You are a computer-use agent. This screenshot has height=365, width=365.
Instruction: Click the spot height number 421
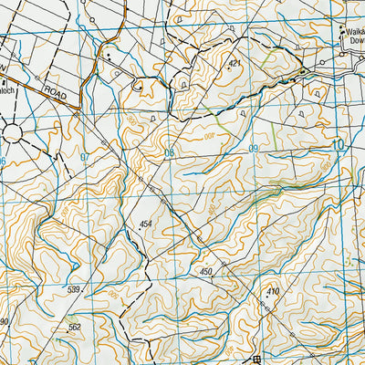235,64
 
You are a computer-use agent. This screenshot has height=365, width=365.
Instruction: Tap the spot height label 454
145,223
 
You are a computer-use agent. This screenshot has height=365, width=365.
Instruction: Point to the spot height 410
272,291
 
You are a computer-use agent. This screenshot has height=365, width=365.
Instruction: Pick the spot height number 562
74,327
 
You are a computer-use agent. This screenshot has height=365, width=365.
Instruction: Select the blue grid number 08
169,152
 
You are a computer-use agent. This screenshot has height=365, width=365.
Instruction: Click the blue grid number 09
253,148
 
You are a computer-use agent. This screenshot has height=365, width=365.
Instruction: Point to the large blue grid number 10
339,143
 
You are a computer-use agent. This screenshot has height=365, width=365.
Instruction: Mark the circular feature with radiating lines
13,133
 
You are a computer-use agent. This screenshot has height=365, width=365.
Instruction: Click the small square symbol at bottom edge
256,359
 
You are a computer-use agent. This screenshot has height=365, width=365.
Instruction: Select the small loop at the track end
140,87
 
